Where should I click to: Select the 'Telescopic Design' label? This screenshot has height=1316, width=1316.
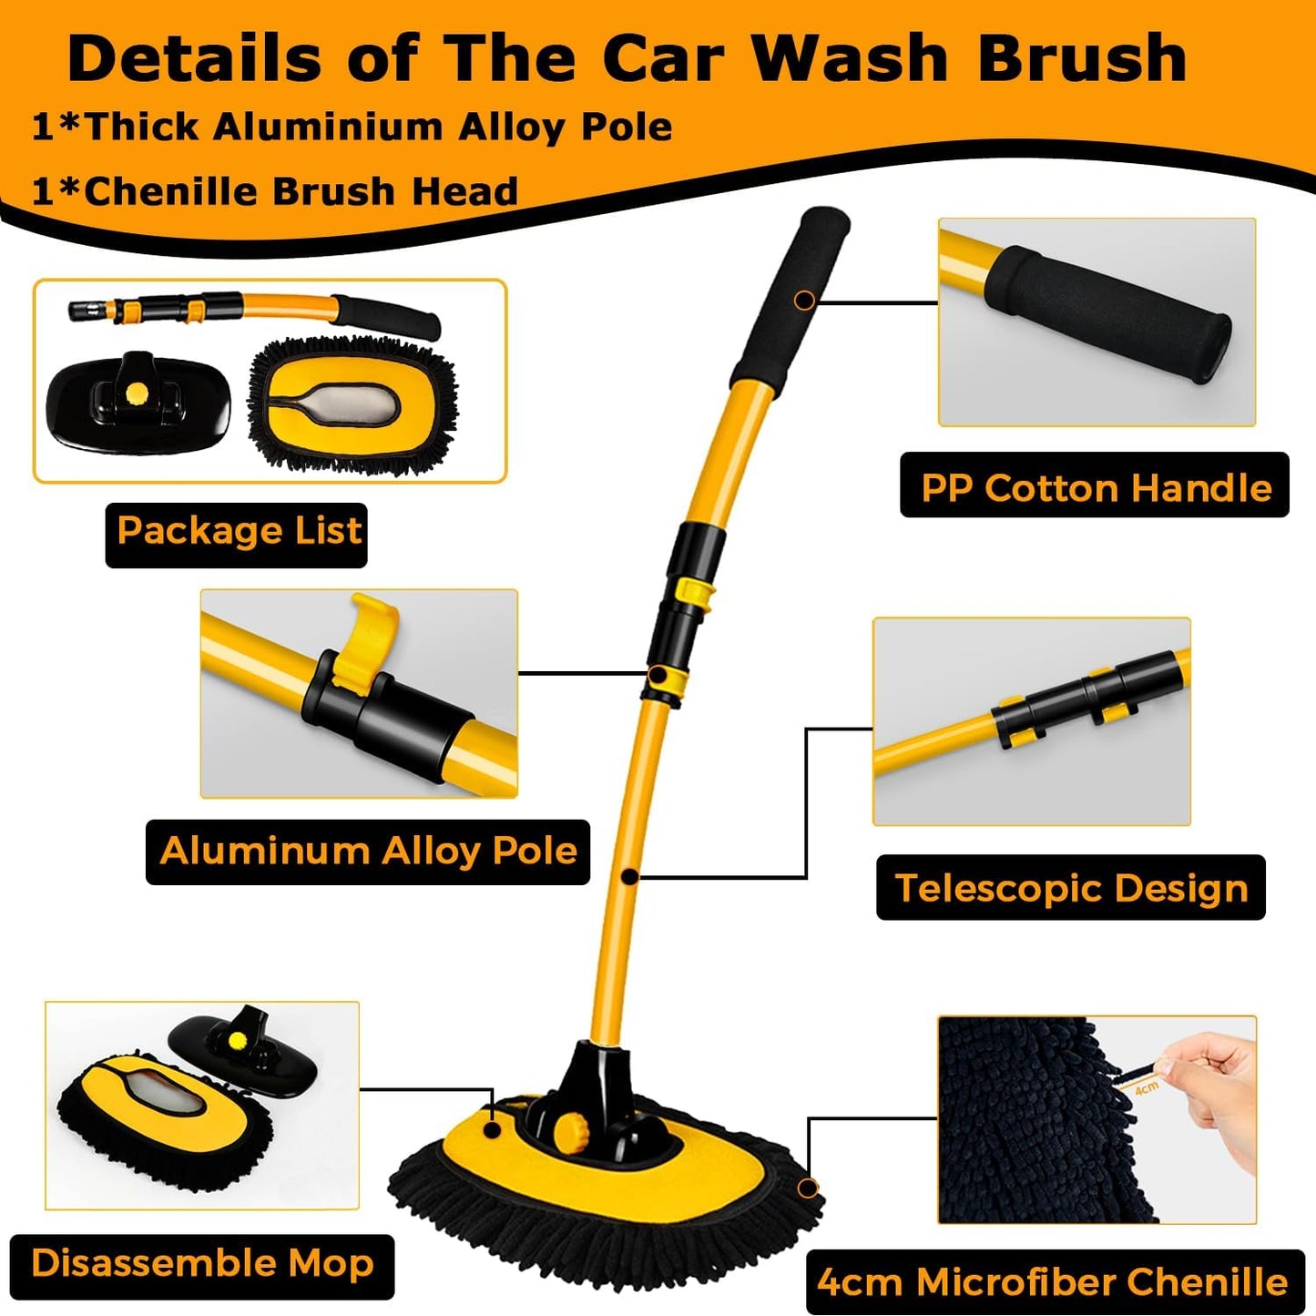click(x=1070, y=888)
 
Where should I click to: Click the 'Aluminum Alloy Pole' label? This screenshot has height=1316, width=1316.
click(x=368, y=852)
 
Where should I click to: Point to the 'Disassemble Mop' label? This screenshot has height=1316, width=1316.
click(x=202, y=1265)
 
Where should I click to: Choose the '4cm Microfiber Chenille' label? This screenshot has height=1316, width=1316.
click(x=1053, y=1282)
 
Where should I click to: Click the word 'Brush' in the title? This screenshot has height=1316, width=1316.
click(x=1082, y=58)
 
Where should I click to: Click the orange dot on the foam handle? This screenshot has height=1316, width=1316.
click(x=804, y=300)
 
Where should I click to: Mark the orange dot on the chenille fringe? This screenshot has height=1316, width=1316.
click(x=807, y=1188)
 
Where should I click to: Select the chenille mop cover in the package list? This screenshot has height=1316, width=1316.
click(x=353, y=405)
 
